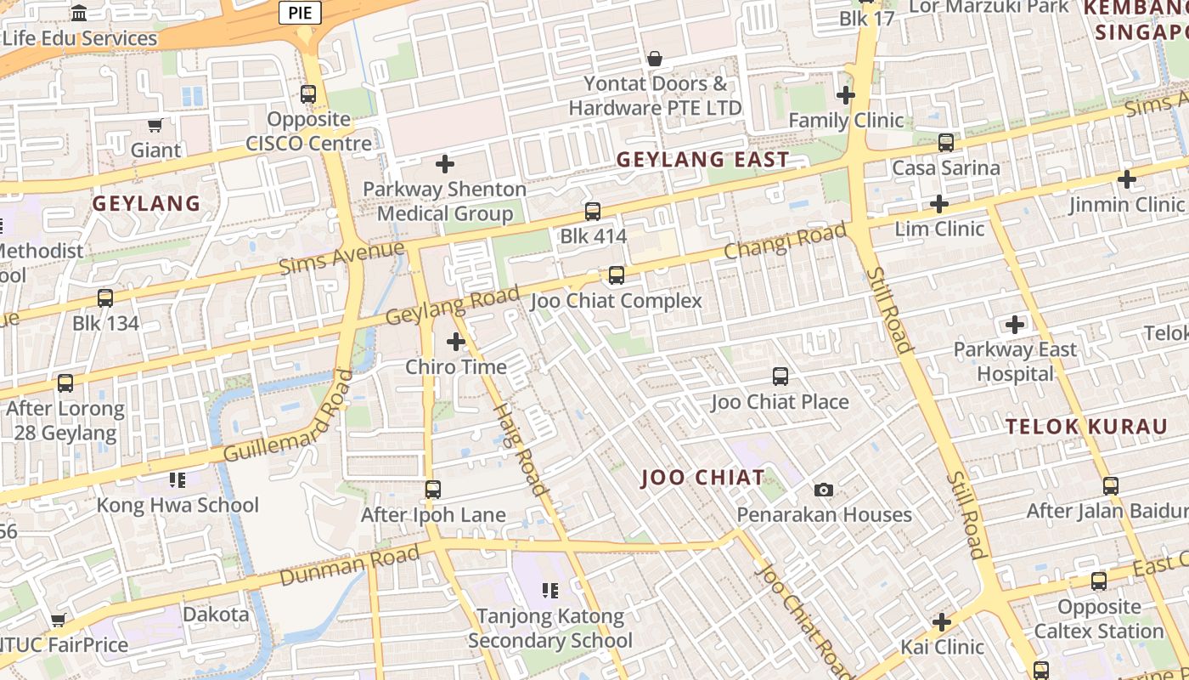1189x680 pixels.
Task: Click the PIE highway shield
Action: pos(300,12)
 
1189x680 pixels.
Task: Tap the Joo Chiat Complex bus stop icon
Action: pos(617,275)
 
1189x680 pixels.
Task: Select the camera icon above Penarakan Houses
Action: pos(823,490)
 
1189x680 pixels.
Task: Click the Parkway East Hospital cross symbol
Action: pos(1014,324)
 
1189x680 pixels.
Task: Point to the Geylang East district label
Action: pos(702,159)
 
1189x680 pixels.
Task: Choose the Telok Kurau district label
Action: pos(1086,427)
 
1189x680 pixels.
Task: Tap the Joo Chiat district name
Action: pos(702,477)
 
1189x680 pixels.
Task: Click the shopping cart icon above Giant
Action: pos(155,126)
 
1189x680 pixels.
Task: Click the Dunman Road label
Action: pos(349,565)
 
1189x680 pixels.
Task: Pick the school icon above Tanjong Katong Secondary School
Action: pos(550,590)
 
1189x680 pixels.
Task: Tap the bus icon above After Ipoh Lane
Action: pos(433,490)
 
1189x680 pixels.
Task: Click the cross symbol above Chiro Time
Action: pos(456,342)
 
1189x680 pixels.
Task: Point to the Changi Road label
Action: pos(786,241)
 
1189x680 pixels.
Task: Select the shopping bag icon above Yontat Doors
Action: pos(655,59)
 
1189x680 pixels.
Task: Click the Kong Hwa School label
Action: pos(178,505)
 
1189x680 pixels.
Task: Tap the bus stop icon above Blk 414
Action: pos(593,211)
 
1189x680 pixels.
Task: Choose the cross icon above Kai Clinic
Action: pos(941,622)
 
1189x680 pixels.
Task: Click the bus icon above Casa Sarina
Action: pos(946,143)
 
